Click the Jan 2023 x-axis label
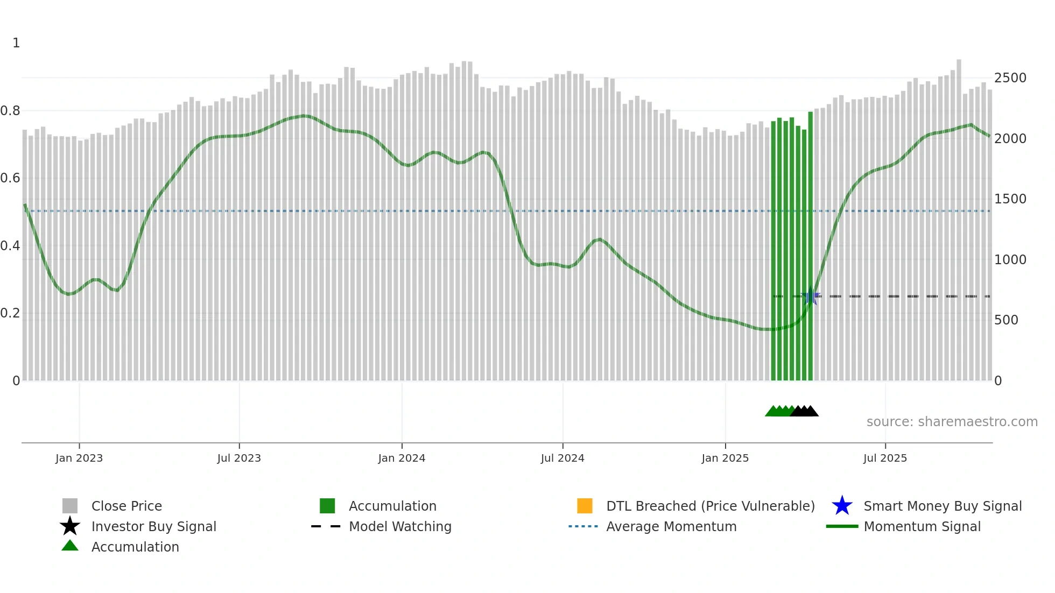[79, 458]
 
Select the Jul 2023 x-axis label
[239, 458]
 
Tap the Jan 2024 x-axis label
[402, 458]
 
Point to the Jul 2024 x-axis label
[562, 458]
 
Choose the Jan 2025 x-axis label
[725, 458]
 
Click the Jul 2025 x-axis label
[885, 458]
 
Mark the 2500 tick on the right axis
[1010, 78]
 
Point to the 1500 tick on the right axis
[1010, 199]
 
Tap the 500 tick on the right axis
[1006, 320]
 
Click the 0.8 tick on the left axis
[10, 111]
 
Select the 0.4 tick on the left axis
[10, 246]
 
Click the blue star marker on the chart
[811, 296]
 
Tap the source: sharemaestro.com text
[952, 422]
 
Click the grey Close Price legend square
[70, 506]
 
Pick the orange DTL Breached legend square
[585, 506]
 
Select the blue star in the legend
[842, 506]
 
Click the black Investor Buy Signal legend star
[70, 526]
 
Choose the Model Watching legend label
[400, 526]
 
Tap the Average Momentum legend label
[671, 526]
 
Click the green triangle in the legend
[70, 546]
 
